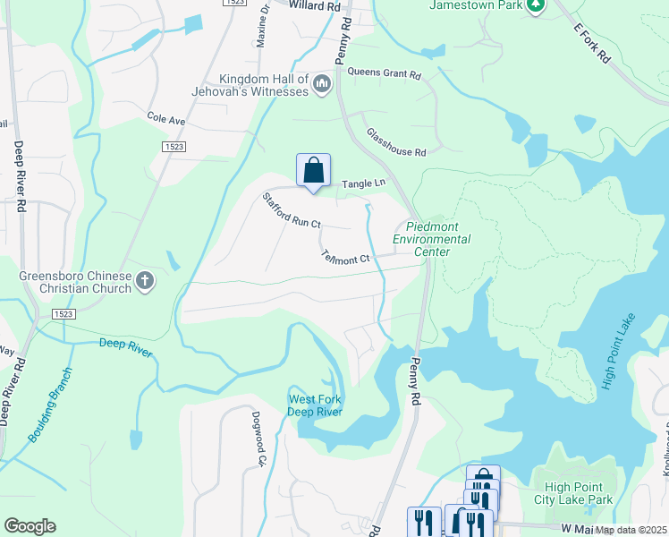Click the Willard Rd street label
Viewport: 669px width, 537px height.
[x=316, y=5]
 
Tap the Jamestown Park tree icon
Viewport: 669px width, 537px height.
[x=536, y=5]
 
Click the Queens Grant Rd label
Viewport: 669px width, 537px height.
[x=384, y=73]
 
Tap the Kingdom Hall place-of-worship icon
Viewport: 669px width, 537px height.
[x=322, y=84]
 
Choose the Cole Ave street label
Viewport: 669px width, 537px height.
[x=165, y=119]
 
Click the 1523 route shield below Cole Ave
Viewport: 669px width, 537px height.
[x=174, y=146]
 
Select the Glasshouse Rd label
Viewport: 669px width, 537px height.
[x=395, y=141]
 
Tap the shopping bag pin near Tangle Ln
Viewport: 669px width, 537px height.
[x=313, y=169]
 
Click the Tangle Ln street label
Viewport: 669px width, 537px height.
[x=363, y=183]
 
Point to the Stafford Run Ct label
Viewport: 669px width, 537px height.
[x=291, y=211]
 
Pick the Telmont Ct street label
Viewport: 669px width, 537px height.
[x=345, y=258]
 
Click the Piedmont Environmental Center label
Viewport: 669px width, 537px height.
[x=432, y=239]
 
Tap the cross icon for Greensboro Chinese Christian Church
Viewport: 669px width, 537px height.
[x=145, y=283]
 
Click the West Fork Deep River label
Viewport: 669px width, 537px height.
[x=314, y=405]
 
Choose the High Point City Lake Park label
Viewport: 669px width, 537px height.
[x=572, y=493]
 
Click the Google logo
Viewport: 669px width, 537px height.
[x=30, y=526]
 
